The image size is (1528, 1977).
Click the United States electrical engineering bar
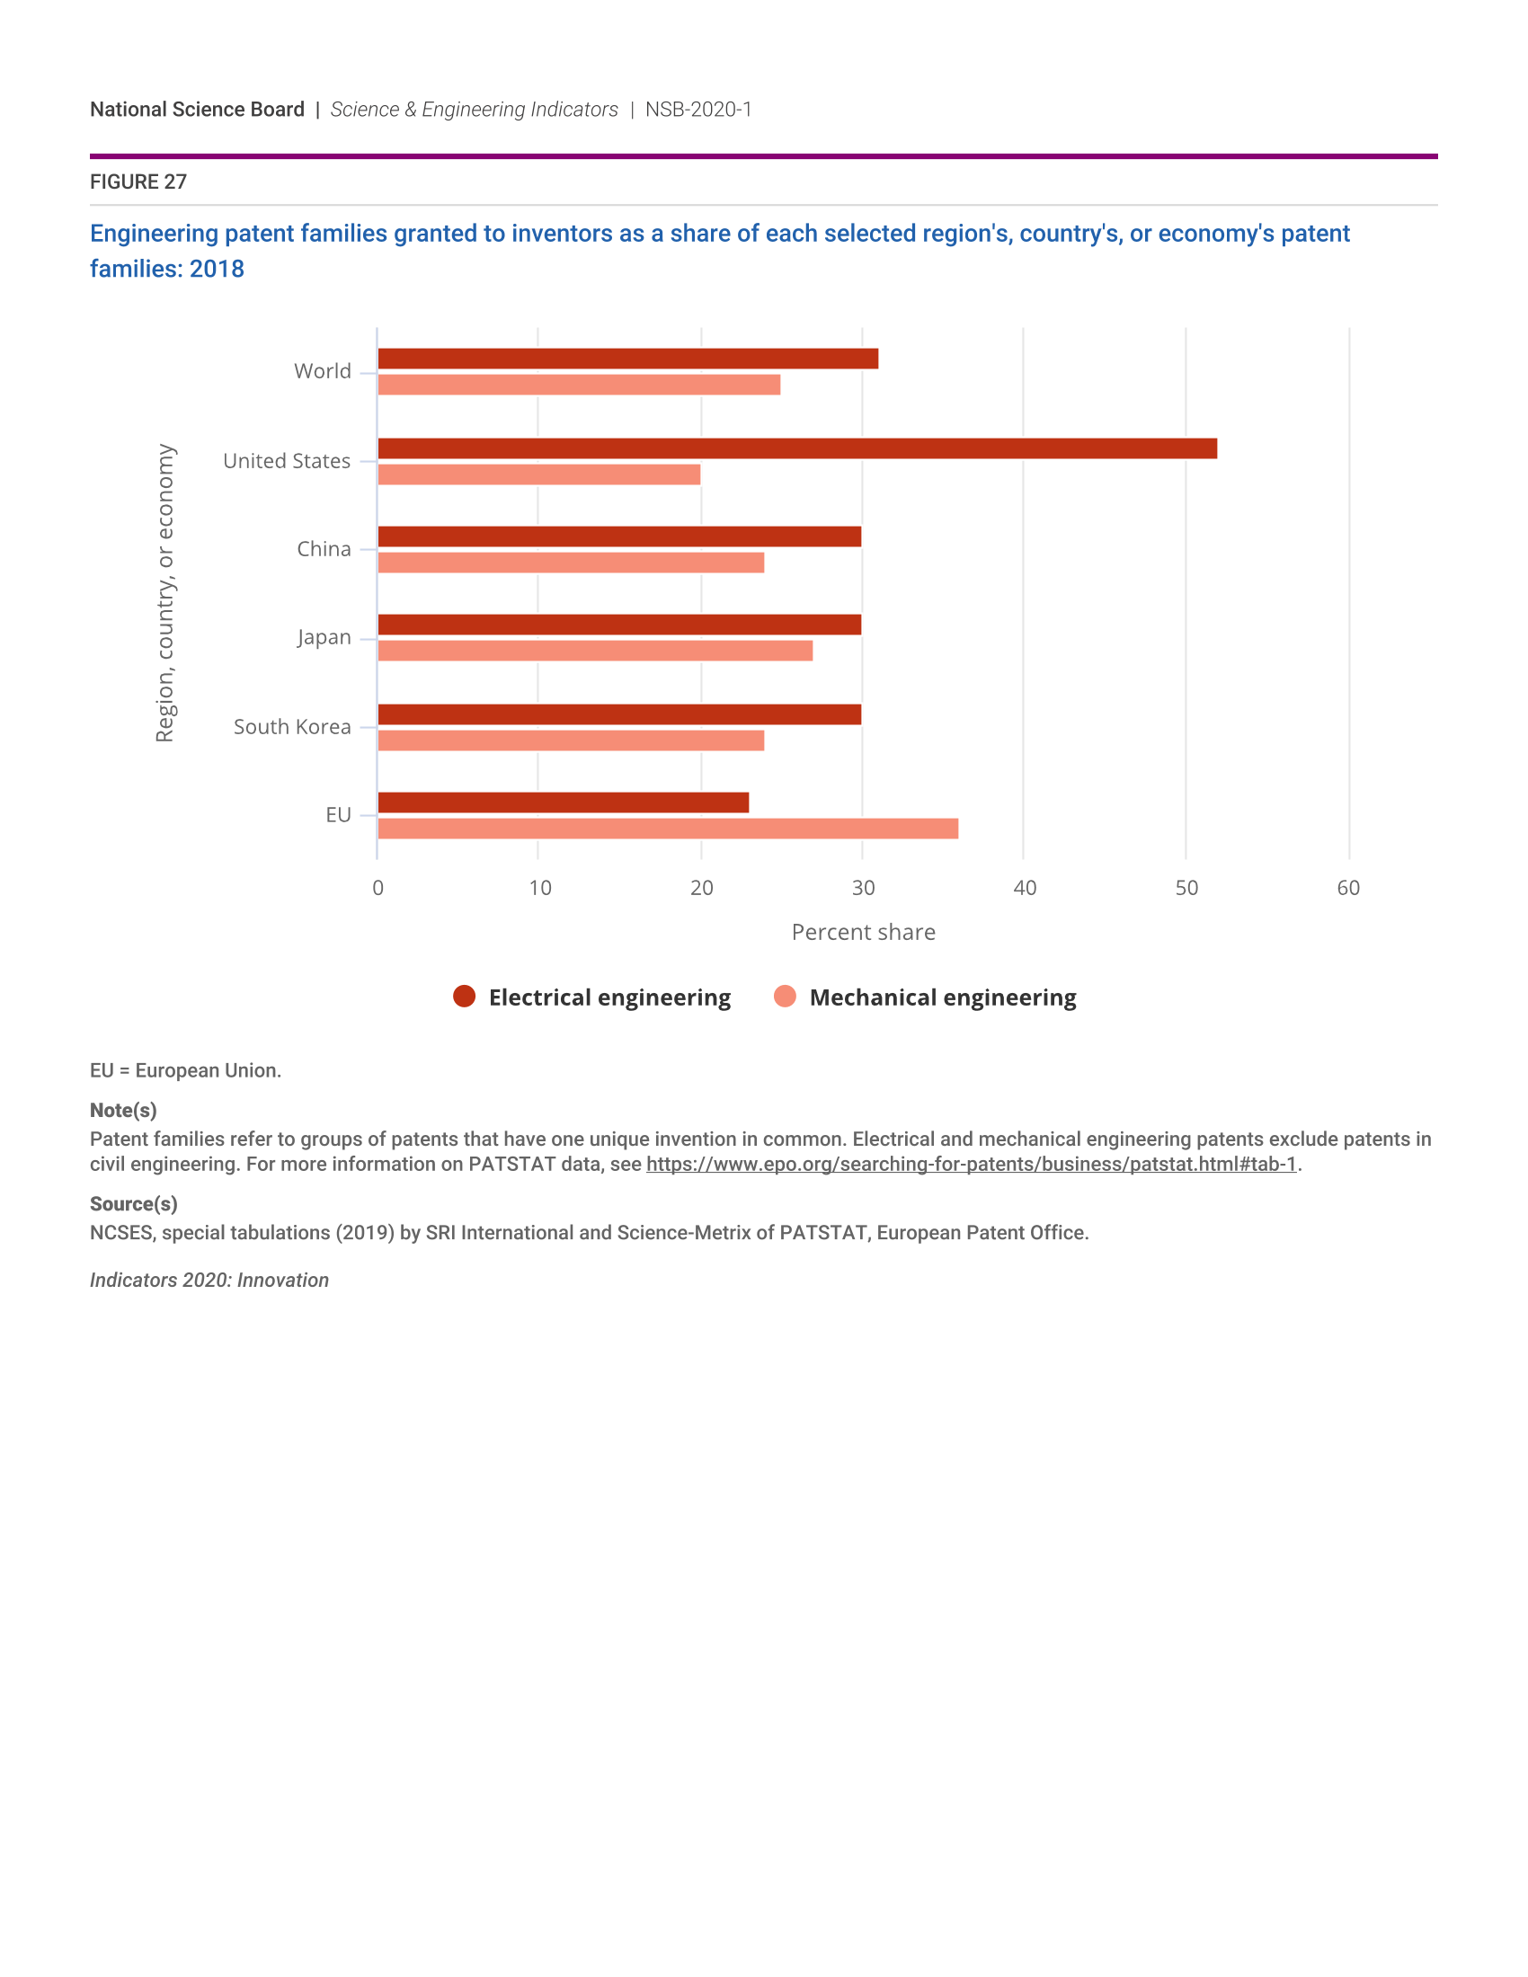click(796, 448)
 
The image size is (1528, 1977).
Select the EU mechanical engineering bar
click(667, 829)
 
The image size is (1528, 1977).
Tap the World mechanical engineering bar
click(579, 385)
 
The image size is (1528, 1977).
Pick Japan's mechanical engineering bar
click(595, 651)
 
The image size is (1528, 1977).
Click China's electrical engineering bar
click(619, 536)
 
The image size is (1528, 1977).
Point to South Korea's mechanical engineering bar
click(570, 740)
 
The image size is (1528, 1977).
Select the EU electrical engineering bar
click(563, 802)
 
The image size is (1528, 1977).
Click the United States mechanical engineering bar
click(538, 474)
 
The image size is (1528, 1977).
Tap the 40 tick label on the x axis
click(1025, 888)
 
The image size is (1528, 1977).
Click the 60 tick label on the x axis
click(1348, 888)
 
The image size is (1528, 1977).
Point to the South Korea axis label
click(291, 727)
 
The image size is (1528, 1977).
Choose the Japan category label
click(324, 637)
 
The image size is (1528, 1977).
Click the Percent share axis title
click(863, 933)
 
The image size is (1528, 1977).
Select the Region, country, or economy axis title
click(164, 593)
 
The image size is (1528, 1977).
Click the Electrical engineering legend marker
click(465, 997)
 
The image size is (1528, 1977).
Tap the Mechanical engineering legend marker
click(785, 997)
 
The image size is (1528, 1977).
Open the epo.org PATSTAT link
click(971, 1164)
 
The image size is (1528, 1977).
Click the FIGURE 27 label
click(138, 182)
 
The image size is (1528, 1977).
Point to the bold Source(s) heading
click(133, 1204)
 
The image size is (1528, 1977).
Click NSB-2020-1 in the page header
click(697, 110)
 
